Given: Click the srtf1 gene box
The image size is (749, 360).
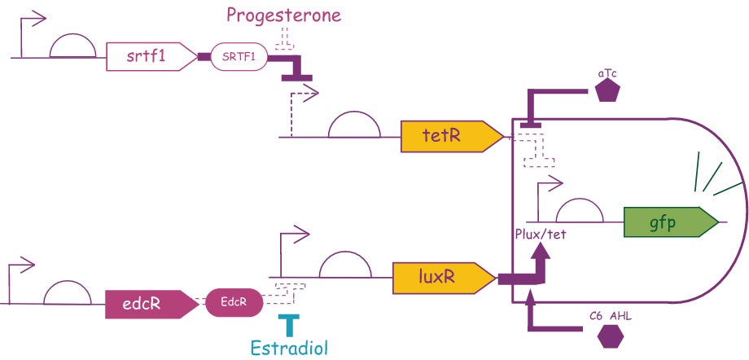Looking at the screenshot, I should click(x=151, y=57).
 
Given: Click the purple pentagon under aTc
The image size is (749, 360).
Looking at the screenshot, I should click(x=607, y=90).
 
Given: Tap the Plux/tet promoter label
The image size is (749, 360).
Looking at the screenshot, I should click(x=541, y=236).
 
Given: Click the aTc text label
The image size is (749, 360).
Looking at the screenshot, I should click(x=607, y=72).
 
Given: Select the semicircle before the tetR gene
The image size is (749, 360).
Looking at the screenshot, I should click(x=352, y=126).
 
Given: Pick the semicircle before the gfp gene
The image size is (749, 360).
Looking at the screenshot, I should click(x=578, y=212).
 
